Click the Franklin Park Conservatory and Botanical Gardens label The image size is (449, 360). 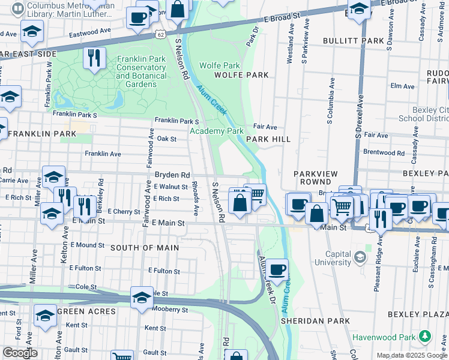point(142,71)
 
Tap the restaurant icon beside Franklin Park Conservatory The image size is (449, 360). point(94,58)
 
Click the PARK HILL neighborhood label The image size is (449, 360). point(268,139)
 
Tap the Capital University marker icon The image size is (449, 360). point(360,257)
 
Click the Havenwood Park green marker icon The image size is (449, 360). point(426,335)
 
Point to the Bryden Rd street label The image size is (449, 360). point(168,173)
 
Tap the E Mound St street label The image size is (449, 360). point(87,245)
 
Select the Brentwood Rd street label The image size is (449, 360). point(384,153)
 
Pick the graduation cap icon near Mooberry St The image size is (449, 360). point(142,298)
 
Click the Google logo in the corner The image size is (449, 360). point(20,353)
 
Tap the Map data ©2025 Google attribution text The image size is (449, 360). point(411,355)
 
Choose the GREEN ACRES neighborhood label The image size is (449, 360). point(87,312)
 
